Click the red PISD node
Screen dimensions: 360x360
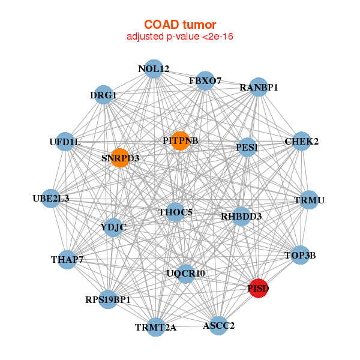259,289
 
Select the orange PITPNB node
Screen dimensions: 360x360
180,141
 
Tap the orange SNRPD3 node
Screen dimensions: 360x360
120,158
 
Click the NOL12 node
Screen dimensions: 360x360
154,69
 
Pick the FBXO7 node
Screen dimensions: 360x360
205,80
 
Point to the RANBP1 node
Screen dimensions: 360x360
259,87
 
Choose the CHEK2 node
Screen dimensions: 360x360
301,142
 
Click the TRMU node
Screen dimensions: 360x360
309,200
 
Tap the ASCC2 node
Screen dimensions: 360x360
218,326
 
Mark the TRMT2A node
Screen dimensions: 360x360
156,327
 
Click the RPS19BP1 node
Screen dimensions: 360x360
108,299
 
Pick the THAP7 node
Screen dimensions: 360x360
67,260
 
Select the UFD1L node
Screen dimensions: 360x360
65,142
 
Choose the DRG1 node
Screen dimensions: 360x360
103,95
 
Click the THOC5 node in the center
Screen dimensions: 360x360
175,212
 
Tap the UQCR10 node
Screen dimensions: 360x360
186,274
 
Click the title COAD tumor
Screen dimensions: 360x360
179,25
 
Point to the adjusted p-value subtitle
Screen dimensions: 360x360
179,37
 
